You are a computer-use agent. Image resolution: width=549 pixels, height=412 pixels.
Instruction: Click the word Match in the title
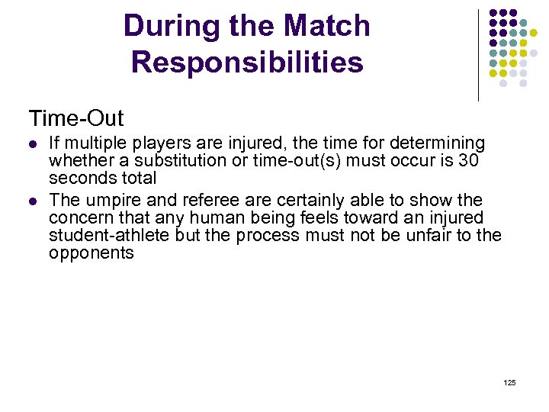326,27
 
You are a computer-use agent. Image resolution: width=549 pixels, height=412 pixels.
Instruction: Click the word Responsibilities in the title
247,63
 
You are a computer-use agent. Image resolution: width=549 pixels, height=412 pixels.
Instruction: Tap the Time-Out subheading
76,118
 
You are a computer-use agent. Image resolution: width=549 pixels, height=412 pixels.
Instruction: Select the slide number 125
510,381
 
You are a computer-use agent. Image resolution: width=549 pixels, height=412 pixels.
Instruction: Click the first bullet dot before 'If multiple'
32,143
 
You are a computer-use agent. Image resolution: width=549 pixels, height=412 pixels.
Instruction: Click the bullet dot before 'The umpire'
32,201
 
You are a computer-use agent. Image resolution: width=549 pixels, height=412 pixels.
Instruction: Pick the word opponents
91,253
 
